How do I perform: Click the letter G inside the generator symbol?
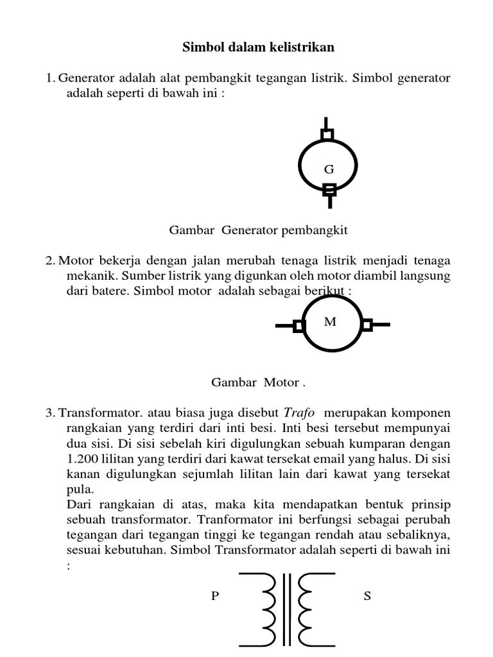click(x=329, y=169)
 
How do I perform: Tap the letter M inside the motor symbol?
click(x=330, y=321)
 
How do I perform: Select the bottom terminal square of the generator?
click(x=329, y=189)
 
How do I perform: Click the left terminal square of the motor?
click(x=298, y=325)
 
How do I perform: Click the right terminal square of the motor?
click(x=367, y=325)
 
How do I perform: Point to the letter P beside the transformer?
click(x=215, y=596)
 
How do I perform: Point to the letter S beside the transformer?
click(x=367, y=596)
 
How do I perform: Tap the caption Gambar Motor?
click(x=255, y=382)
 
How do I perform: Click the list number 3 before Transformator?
click(x=49, y=412)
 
